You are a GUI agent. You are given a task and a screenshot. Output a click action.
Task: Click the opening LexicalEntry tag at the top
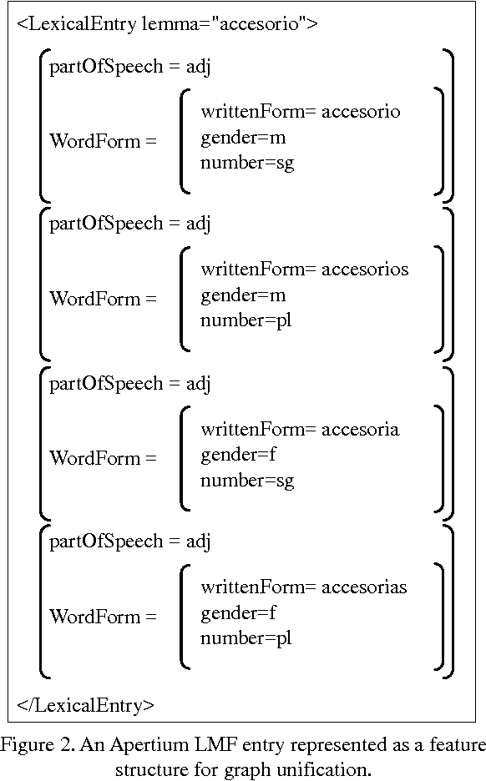tap(167, 23)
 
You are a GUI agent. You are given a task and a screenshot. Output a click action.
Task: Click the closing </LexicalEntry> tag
tap(85, 705)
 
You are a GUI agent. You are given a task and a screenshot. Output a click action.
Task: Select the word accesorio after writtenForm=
tap(361, 112)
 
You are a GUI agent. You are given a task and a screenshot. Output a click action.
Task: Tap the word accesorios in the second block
tap(365, 270)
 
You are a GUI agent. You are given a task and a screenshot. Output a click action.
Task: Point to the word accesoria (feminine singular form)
tap(360, 429)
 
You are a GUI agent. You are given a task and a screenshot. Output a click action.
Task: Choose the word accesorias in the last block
tap(364, 587)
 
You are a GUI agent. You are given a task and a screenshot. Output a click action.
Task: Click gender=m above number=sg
tap(243, 138)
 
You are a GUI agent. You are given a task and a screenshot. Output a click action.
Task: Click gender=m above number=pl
tap(243, 295)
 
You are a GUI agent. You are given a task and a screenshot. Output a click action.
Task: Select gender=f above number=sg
tap(238, 455)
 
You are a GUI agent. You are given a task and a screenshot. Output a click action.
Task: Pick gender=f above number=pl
tap(238, 613)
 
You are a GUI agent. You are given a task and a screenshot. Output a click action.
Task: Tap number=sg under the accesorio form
tap(247, 163)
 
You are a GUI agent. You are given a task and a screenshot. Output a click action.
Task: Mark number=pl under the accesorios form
tap(246, 320)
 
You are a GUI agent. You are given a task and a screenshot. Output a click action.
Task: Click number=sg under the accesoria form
tap(247, 480)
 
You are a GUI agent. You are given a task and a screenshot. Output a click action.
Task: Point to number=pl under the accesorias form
tap(246, 638)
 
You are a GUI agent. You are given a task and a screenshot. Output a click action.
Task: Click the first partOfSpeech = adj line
tap(130, 66)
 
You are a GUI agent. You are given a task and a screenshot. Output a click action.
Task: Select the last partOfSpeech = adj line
tap(130, 542)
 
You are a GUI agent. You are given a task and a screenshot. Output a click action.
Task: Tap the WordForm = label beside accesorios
tap(103, 299)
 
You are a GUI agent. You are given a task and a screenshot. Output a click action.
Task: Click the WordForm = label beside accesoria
tap(103, 457)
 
